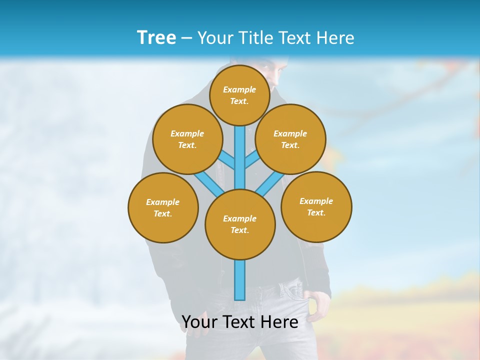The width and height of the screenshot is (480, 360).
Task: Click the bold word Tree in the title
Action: [156, 37]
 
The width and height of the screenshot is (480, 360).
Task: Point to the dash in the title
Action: [186, 38]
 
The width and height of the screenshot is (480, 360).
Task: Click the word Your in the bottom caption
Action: [200, 322]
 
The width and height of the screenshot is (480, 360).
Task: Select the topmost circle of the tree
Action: [239, 95]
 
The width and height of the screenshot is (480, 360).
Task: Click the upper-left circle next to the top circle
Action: [187, 139]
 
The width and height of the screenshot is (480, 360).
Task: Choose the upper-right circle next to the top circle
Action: [290, 139]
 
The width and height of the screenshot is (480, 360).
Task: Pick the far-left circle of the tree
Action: [163, 207]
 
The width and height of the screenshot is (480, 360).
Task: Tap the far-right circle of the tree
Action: [316, 206]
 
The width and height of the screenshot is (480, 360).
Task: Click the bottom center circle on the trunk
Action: [240, 224]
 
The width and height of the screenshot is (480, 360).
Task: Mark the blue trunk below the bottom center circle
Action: [240, 280]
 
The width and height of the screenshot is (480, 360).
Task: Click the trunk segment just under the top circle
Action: [240, 140]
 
